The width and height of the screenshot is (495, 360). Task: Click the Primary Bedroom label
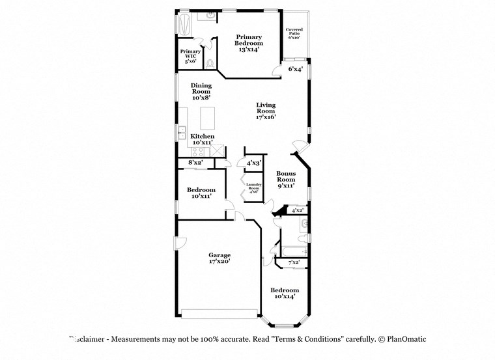coord(249,43)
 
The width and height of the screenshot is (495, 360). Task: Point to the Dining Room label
coord(201,92)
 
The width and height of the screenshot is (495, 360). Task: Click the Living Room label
coord(266,111)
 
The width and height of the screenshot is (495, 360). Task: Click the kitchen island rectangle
coord(208,118)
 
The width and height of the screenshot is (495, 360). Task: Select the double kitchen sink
coord(182,134)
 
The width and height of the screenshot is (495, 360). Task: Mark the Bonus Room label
coord(286,179)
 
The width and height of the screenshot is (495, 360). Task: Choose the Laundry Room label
coord(253,188)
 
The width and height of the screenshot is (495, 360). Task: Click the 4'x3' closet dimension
coord(253,163)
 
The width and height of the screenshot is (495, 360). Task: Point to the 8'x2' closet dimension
coord(195,162)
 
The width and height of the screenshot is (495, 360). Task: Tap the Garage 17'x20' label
coord(219,258)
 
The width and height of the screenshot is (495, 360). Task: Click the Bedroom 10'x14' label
coord(285,293)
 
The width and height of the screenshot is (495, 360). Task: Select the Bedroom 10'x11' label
coord(201,193)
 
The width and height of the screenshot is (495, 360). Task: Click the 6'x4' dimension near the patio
coord(295,68)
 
